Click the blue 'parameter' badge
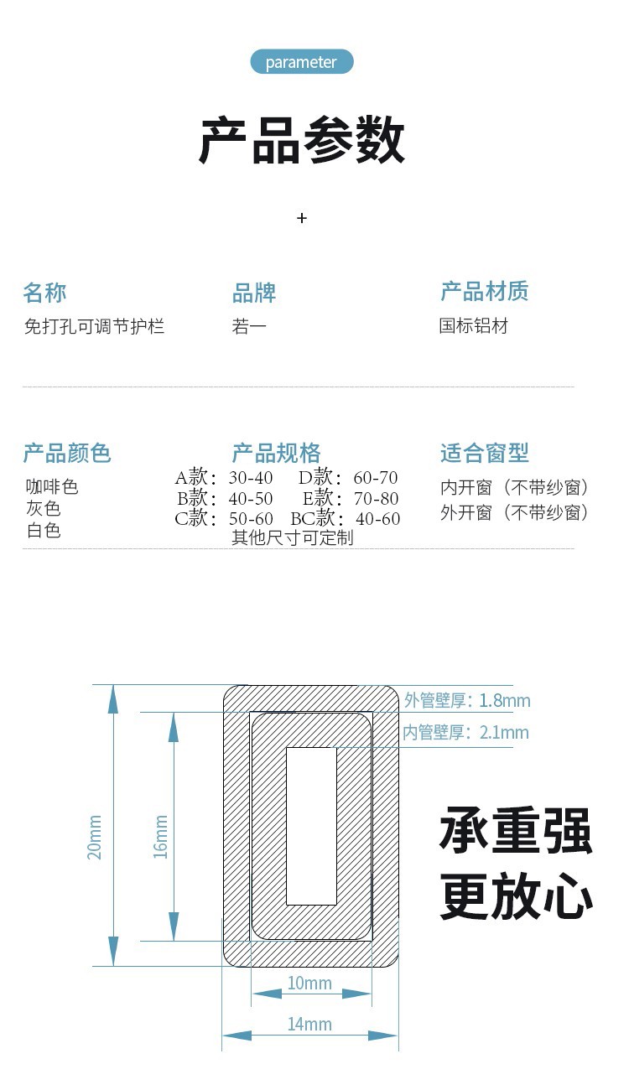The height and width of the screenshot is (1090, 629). pos(301,62)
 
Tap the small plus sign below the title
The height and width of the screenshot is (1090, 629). pos(302,218)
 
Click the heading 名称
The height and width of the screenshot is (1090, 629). pos(44,293)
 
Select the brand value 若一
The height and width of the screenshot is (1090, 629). pos(249,326)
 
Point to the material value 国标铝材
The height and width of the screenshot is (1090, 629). pos(473,326)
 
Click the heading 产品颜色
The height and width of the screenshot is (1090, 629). pos(67,453)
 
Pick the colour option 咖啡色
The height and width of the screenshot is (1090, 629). pos(52,486)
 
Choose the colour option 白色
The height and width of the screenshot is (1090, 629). pos(44,530)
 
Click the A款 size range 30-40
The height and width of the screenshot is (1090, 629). pos(251,478)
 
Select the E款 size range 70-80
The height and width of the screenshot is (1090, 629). pos(376,499)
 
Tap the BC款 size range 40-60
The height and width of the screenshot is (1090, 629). pos(377,519)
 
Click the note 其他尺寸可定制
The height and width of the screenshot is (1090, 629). pos(293,537)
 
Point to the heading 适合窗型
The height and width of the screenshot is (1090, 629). pos(485,453)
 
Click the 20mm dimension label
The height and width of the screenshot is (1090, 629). pos(95,837)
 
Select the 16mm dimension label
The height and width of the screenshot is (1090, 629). pos(160,837)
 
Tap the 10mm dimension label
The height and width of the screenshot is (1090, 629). pos(309,983)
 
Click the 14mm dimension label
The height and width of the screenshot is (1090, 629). pos(309,1025)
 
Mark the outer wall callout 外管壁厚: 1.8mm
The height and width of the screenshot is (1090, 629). pos(467,700)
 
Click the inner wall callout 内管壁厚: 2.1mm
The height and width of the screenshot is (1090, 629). pos(466,732)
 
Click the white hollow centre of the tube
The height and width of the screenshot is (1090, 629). pos(312,826)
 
